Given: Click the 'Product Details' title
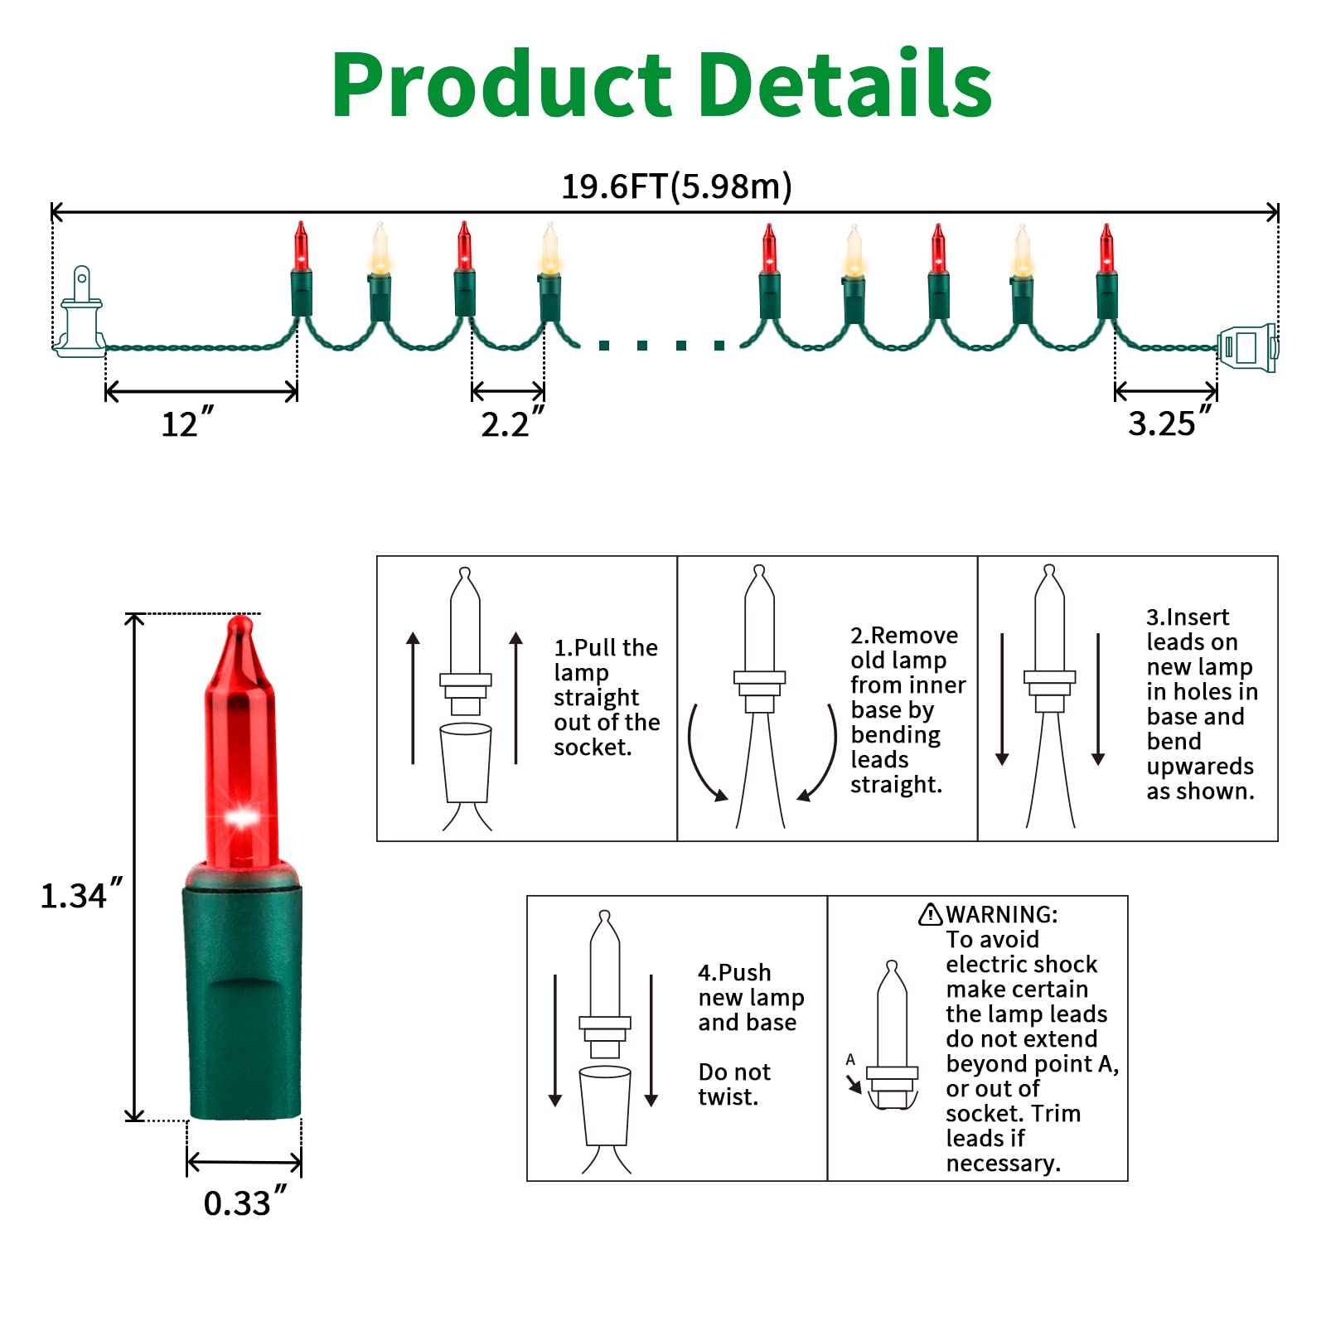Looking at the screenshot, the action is (661, 85).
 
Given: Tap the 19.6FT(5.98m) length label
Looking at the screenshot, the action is (677, 186).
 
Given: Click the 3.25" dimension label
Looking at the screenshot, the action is (1170, 422).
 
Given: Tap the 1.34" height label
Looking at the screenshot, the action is (81, 894).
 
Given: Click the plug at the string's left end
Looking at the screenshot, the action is (80, 312).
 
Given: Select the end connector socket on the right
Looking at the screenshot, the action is (1248, 348).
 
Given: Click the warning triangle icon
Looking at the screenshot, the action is (931, 913).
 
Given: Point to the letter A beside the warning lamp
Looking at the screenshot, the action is (850, 1059).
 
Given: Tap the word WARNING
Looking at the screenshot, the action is (1002, 914).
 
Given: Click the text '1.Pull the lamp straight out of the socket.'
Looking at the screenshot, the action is (607, 697).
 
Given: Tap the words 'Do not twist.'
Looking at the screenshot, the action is (734, 1084).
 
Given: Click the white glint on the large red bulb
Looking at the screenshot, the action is (241, 818).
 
